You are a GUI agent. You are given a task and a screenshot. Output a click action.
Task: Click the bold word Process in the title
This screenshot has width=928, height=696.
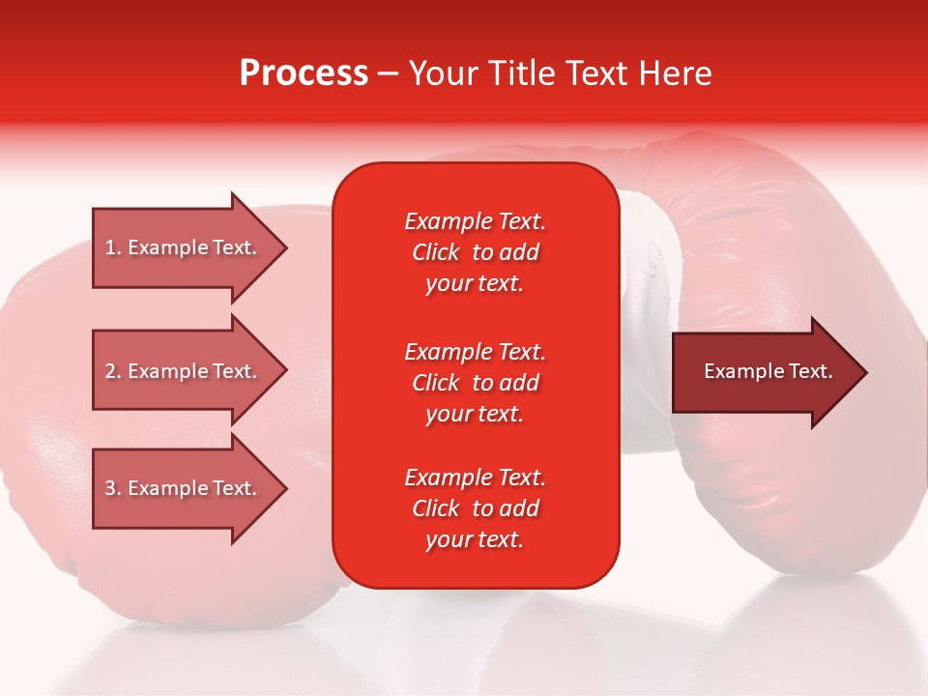(x=304, y=73)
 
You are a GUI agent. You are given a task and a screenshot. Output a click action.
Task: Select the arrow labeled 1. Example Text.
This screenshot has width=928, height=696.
(x=184, y=247)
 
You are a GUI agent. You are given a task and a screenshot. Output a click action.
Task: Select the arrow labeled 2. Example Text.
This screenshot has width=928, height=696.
(x=184, y=371)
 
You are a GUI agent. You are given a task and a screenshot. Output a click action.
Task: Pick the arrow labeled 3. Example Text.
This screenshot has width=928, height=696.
(x=184, y=488)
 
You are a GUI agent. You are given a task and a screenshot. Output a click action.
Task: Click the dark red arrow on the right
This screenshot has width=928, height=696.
(x=764, y=371)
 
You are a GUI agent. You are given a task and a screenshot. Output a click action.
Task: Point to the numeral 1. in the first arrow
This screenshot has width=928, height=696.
(x=113, y=247)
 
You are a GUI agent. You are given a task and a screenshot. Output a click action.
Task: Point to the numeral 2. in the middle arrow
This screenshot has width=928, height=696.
(x=113, y=371)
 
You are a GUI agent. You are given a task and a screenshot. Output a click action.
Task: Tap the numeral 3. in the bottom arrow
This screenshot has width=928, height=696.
(x=113, y=488)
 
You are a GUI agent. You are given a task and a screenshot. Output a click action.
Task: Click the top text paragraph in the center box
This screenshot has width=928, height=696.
(x=476, y=252)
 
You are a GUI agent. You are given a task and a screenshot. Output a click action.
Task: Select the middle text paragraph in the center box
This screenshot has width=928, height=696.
(x=476, y=383)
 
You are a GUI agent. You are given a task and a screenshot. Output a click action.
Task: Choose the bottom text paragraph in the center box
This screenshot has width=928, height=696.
(x=476, y=508)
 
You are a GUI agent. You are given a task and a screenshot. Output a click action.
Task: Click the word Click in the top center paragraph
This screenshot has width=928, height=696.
(x=436, y=252)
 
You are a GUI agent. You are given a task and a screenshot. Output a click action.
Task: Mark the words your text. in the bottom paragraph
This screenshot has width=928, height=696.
(x=475, y=539)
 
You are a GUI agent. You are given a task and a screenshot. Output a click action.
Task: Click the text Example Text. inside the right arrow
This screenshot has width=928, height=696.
(x=768, y=371)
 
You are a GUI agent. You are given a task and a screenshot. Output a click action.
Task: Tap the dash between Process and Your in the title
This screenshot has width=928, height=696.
(x=388, y=74)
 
